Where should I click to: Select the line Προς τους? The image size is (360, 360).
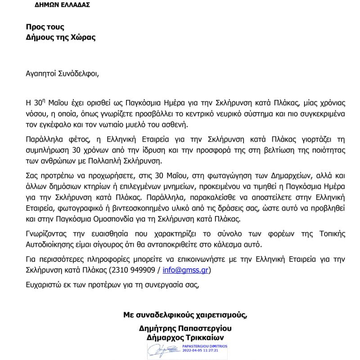(x=45, y=27)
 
